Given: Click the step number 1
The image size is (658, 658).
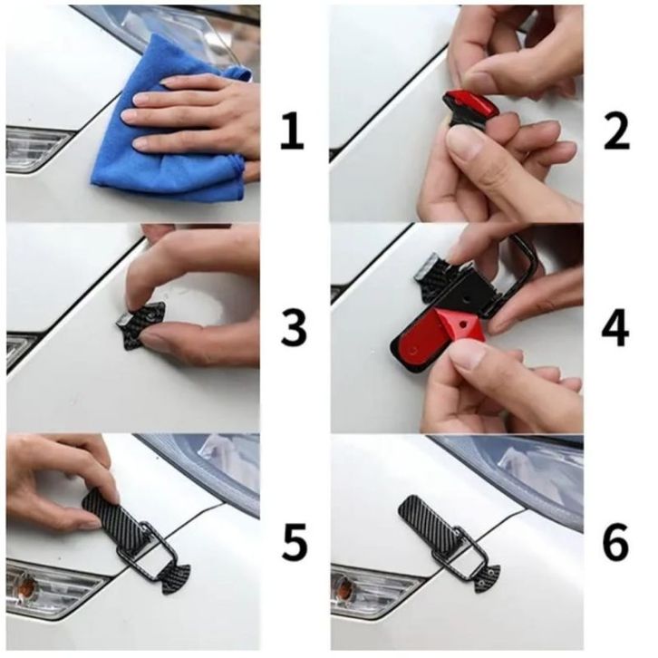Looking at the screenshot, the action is [292, 131].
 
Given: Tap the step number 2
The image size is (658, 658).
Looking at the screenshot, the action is [616, 131].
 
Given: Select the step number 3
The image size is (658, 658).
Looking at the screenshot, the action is [294, 329].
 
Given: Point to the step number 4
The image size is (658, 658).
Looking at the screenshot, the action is [615, 329].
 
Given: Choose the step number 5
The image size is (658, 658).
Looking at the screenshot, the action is [295, 542].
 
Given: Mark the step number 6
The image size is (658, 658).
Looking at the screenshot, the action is [615, 542].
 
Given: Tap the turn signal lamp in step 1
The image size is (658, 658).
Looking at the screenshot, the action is [35, 149].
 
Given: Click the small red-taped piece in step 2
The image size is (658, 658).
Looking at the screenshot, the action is [470, 105].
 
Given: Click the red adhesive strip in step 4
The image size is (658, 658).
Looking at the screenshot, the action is [437, 335].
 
